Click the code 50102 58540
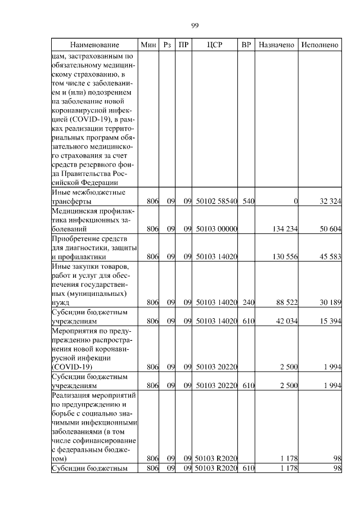217,202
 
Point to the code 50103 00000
217,229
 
